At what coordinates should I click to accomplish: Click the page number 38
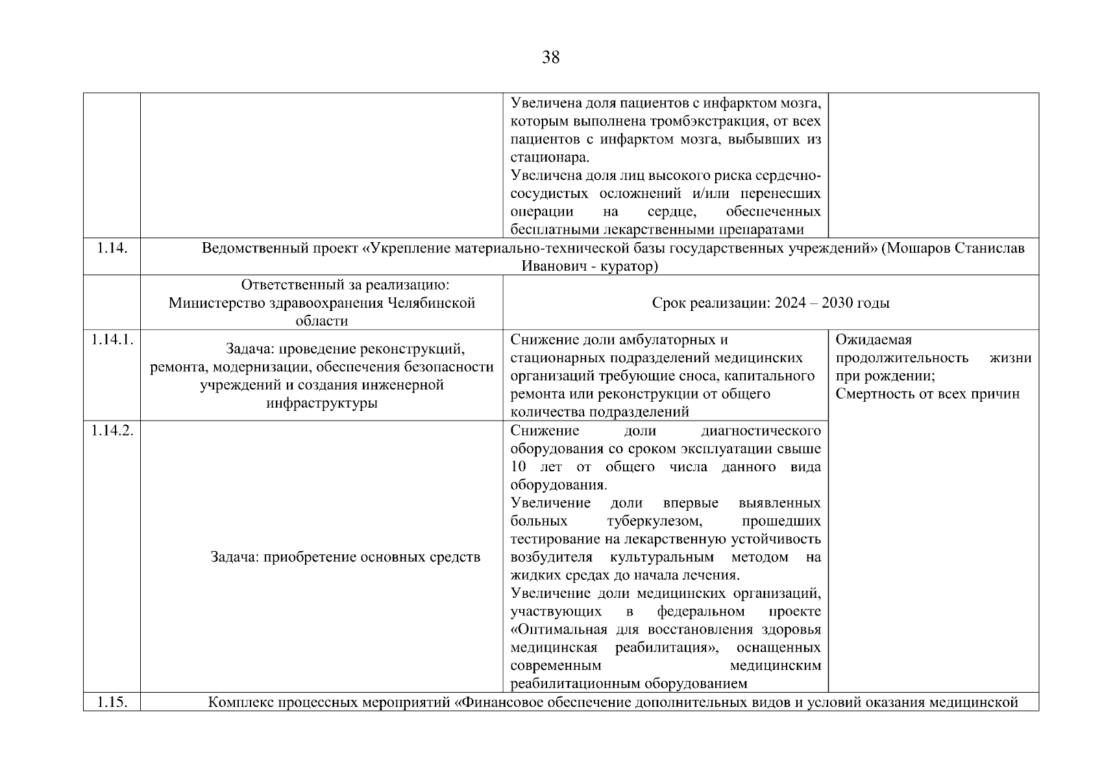pyautogui.click(x=550, y=58)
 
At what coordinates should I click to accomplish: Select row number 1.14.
pyautogui.click(x=111, y=248)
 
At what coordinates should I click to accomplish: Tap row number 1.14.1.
pyautogui.click(x=112, y=340)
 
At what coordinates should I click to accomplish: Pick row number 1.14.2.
pyautogui.click(x=112, y=430)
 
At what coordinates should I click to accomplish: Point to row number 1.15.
pyautogui.click(x=111, y=702)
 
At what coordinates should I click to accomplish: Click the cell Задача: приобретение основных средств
pyautogui.click(x=345, y=557)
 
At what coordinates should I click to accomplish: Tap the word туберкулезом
pyautogui.click(x=655, y=521)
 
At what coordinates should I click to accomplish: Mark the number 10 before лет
pyautogui.click(x=520, y=467)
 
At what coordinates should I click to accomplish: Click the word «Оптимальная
pyautogui.click(x=558, y=630)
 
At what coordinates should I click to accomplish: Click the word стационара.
pyautogui.click(x=549, y=157)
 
